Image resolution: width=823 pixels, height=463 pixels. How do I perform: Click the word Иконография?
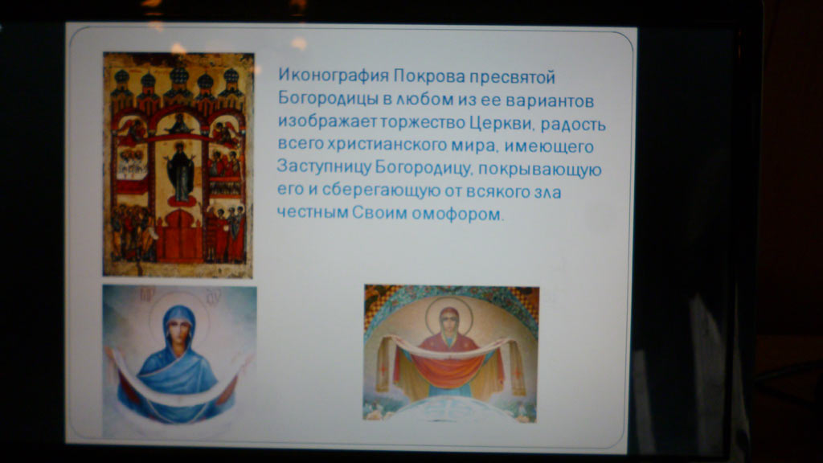(334, 76)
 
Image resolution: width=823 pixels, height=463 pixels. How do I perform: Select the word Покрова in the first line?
(429, 76)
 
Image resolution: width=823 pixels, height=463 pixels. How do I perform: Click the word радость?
(573, 125)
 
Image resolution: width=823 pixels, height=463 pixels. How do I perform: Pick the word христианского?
(387, 145)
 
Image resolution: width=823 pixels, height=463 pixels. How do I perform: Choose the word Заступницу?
(323, 166)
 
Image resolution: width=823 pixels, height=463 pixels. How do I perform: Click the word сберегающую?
(381, 190)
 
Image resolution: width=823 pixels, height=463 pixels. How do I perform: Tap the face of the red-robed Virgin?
(448, 320)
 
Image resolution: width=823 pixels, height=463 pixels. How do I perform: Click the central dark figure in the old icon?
(180, 172)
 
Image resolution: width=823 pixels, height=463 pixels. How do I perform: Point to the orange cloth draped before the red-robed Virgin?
(447, 370)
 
